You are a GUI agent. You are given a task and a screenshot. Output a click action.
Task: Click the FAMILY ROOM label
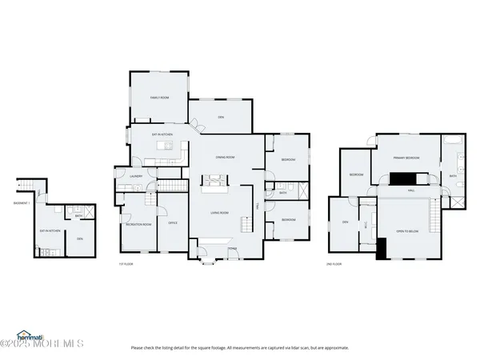[159, 98]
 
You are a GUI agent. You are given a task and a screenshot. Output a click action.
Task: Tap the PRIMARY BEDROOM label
[406, 158]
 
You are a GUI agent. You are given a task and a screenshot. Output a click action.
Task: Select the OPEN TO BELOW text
[407, 231]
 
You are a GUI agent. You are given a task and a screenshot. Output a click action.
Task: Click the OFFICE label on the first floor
[172, 223]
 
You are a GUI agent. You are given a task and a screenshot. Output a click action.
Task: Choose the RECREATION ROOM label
[139, 224]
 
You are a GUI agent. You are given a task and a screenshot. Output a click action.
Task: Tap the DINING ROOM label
[224, 158]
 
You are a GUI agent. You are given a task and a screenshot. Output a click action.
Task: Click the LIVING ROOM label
[219, 213]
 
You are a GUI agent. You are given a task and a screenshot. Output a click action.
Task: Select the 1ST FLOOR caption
[123, 263]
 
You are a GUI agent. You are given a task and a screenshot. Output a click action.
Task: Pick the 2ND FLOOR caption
[334, 263]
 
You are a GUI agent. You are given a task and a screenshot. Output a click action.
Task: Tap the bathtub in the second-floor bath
[454, 146]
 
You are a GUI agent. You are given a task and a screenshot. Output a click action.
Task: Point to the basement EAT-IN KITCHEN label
[50, 231]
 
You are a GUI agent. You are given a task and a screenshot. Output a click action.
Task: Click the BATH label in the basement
[78, 216]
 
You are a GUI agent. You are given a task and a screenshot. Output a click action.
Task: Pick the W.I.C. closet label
[366, 224]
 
